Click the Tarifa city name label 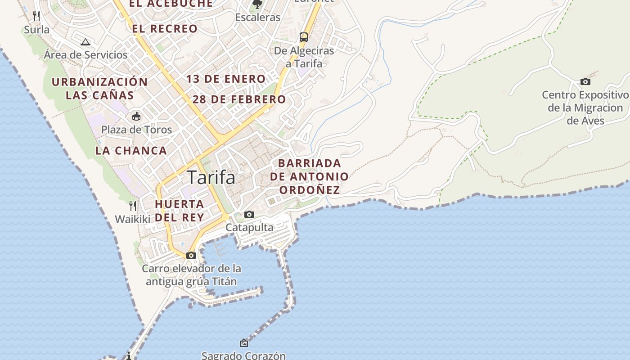[x=211, y=177]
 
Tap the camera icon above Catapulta [x=249, y=214]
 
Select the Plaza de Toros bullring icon [x=136, y=116]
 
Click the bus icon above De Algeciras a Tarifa [x=304, y=37]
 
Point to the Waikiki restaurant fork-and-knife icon [x=132, y=206]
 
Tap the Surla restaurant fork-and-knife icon [x=36, y=16]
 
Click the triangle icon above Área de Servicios [x=85, y=42]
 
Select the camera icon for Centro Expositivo [x=585, y=81]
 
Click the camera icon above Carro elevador [x=191, y=255]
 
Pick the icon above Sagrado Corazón [x=243, y=343]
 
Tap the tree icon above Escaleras [x=257, y=4]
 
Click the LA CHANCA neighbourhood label [x=131, y=151]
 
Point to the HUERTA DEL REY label [x=180, y=210]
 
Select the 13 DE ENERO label [x=226, y=79]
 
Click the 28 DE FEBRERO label [x=239, y=99]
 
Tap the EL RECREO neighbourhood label [x=165, y=29]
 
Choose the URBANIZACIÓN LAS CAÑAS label [x=99, y=88]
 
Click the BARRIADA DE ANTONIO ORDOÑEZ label [x=310, y=176]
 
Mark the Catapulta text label [x=249, y=227]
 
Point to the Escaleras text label [x=258, y=18]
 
